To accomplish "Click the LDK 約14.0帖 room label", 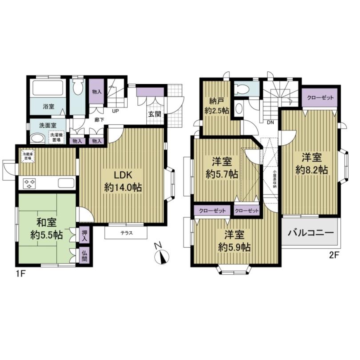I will [123, 180].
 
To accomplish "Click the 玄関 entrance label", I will [154, 114].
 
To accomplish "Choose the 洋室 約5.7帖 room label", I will [223, 167].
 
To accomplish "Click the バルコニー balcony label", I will [309, 232].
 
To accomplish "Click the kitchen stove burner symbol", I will [30, 183].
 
